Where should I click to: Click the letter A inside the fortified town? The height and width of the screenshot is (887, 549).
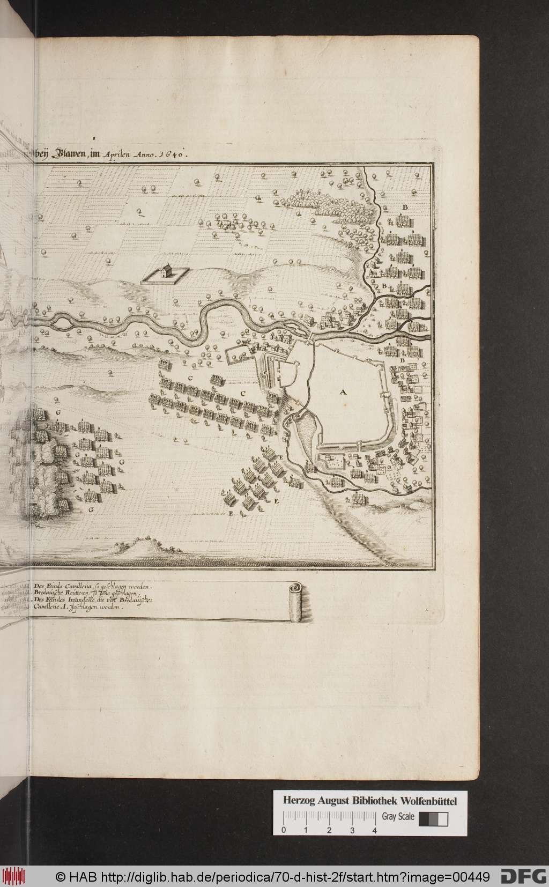343,393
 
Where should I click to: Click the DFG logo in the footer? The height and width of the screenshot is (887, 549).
522,877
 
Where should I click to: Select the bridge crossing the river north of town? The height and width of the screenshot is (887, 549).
309,336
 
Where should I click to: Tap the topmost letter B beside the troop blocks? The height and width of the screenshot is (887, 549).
405,207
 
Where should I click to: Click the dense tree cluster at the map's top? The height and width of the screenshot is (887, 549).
322,201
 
